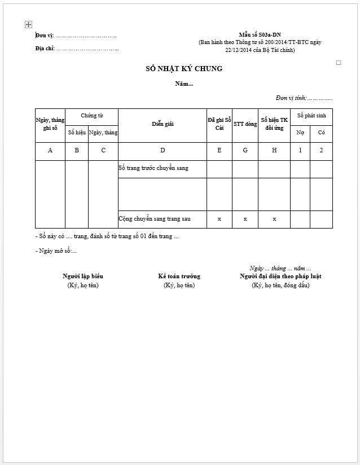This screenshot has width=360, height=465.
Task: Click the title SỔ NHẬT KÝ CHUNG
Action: pos(184,69)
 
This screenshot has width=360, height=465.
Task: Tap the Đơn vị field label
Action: pos(45,36)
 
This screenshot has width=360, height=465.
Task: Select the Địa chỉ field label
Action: pos(45,49)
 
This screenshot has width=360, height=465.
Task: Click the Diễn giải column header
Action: pos(163,124)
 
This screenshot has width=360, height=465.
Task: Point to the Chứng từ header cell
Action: pos(91,116)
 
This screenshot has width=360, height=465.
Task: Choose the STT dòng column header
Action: pos(245,124)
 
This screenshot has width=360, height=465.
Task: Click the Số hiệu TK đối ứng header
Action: pos(274,124)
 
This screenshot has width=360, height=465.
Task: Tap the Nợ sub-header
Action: pos(300,133)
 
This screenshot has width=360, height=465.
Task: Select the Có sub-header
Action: pos(321,133)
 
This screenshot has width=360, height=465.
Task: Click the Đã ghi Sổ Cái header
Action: pos(219,124)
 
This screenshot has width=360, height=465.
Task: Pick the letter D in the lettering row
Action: pos(163,151)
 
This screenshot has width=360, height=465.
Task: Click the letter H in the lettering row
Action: pos(274,151)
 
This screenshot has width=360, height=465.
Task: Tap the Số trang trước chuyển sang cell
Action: pos(153,168)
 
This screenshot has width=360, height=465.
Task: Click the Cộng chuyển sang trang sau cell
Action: pos(155,218)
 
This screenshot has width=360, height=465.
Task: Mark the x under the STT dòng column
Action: pos(245,219)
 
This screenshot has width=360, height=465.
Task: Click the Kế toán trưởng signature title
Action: pos(179,277)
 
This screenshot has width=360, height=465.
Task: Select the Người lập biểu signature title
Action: pos(82,277)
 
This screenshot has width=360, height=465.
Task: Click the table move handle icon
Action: pos(28,25)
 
